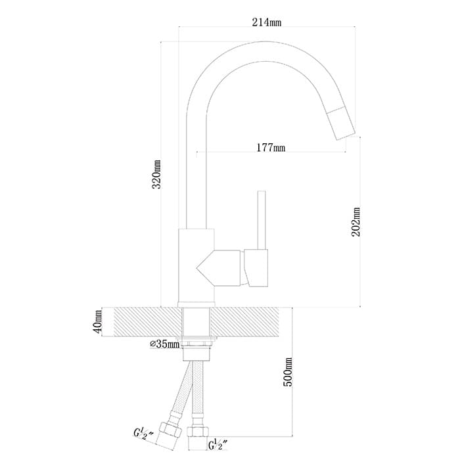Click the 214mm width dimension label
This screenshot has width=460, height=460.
pyautogui.click(x=266, y=22)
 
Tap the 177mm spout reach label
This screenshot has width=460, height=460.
pyautogui.click(x=271, y=147)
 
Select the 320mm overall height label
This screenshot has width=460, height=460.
pyautogui.click(x=156, y=175)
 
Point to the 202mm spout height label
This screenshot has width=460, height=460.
pyautogui.click(x=356, y=222)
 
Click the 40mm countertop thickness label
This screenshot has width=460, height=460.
pyautogui.click(x=98, y=321)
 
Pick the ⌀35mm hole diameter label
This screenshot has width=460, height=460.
pyautogui.click(x=164, y=344)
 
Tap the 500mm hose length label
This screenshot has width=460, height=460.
pyautogui.click(x=288, y=372)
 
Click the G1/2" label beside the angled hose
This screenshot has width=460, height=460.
pyautogui.click(x=144, y=434)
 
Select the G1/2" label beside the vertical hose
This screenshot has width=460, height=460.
pyautogui.click(x=218, y=444)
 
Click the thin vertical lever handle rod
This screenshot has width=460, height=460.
pyautogui.click(x=262, y=220)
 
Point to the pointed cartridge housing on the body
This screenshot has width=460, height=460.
pyautogui.click(x=219, y=268)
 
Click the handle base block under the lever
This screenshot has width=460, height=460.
pyautogui.click(x=256, y=268)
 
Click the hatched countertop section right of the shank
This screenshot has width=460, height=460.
pyautogui.click(x=244, y=322)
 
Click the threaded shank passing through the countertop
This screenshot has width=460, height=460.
pyautogui.click(x=196, y=322)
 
